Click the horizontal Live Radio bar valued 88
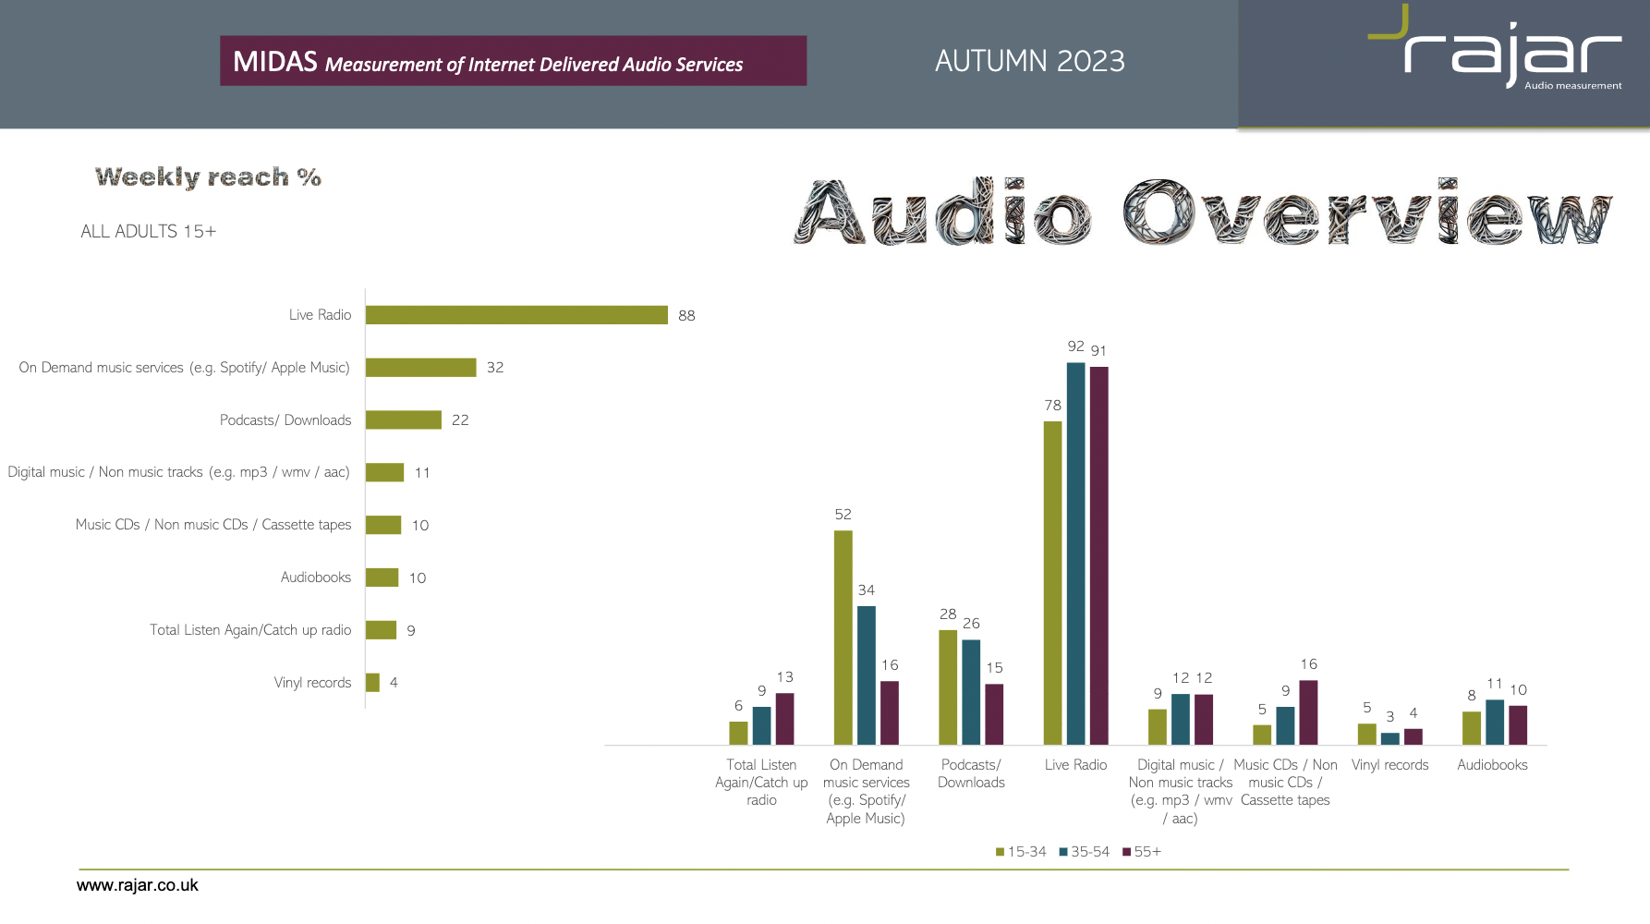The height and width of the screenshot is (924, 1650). (x=516, y=315)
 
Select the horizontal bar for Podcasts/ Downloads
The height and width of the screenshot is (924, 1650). (x=404, y=419)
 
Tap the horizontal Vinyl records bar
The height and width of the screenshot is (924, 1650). (x=372, y=682)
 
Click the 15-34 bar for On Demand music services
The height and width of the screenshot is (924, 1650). (x=843, y=638)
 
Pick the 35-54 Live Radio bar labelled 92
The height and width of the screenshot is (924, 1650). (x=1075, y=553)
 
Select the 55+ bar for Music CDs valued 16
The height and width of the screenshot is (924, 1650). (x=1308, y=712)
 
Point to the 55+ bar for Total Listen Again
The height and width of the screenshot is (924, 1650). (x=784, y=719)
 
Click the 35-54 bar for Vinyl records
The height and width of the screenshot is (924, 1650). (x=1389, y=738)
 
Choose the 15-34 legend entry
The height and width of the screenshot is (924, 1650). (x=1021, y=852)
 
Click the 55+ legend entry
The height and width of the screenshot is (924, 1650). (x=1142, y=852)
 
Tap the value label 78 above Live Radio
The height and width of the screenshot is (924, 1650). (x=1052, y=405)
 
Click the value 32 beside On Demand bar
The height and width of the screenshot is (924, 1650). (x=495, y=367)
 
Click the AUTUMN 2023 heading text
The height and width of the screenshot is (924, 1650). (x=1030, y=61)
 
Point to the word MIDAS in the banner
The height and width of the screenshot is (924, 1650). (x=275, y=61)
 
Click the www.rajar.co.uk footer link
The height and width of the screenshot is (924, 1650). (x=138, y=885)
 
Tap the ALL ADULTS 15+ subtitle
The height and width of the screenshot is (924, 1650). (x=149, y=231)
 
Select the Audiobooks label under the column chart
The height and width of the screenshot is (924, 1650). (x=1492, y=765)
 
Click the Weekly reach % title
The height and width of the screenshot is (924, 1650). (x=208, y=176)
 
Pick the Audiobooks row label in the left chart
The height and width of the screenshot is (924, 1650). (x=316, y=577)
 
